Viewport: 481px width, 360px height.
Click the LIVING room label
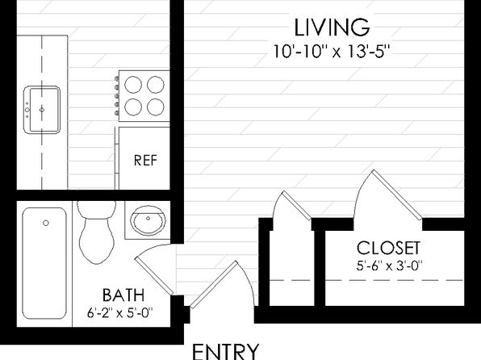[332, 27]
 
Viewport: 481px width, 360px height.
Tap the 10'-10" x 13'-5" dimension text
[332, 52]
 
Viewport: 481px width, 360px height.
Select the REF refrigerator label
[145, 161]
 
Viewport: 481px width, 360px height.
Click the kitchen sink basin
[42, 110]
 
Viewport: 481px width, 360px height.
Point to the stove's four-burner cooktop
[144, 96]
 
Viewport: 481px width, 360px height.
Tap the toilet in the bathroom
[97, 232]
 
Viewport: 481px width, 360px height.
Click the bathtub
[44, 263]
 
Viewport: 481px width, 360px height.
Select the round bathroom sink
[148, 220]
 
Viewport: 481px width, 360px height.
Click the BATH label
[123, 295]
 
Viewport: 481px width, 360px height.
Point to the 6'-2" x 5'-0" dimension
[120, 313]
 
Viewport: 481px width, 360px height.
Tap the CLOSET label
[388, 248]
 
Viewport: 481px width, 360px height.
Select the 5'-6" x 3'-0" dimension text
[389, 266]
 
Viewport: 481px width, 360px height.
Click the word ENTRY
[225, 352]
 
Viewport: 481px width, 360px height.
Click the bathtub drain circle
[46, 223]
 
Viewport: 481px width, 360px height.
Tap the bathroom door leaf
[154, 276]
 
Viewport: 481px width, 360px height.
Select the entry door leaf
[214, 284]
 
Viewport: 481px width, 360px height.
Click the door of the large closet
[396, 195]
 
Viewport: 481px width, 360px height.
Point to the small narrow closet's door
[297, 205]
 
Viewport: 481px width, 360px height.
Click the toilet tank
[97, 209]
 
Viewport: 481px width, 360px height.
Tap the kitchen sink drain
[42, 110]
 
